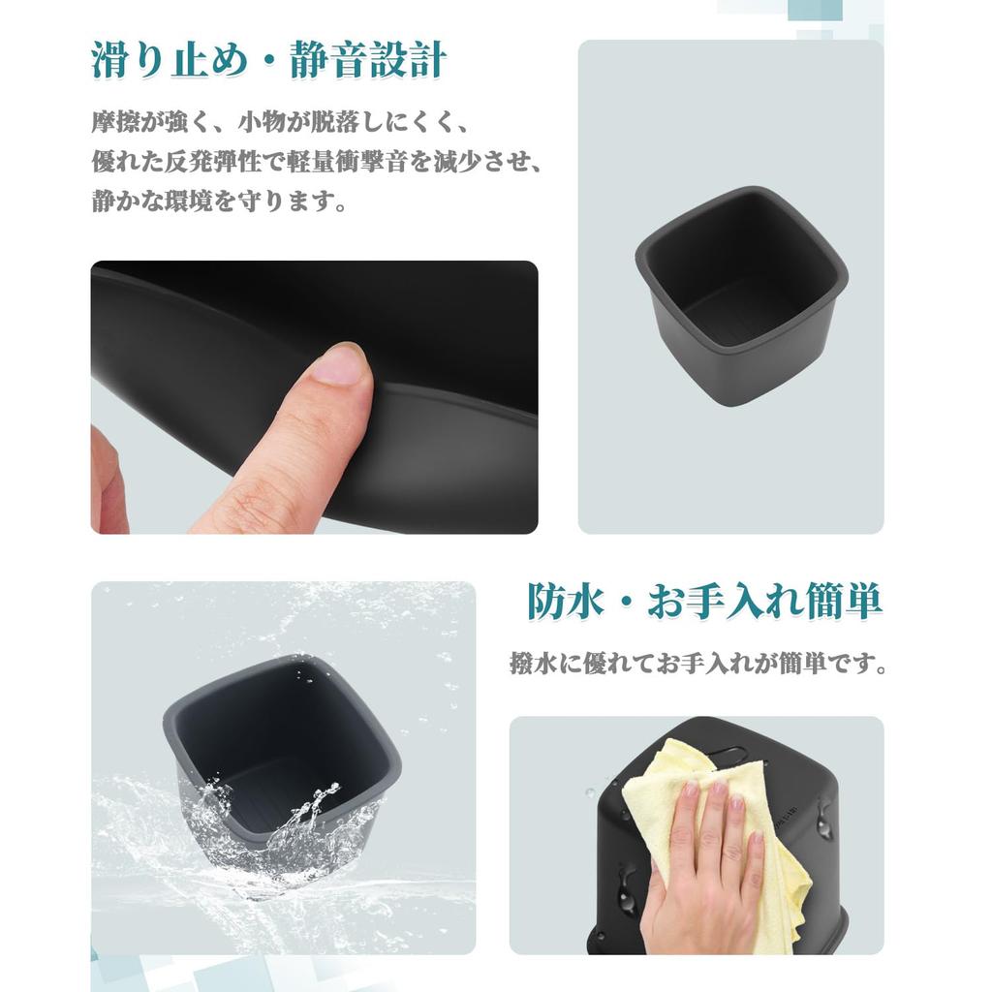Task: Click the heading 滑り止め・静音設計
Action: click(268, 61)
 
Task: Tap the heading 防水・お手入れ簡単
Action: click(704, 601)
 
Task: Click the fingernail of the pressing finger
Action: click(339, 365)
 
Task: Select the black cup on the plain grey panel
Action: click(742, 291)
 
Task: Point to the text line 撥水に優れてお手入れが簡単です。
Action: click(698, 666)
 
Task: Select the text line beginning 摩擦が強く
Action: click(281, 124)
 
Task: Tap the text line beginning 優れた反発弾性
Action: click(316, 163)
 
